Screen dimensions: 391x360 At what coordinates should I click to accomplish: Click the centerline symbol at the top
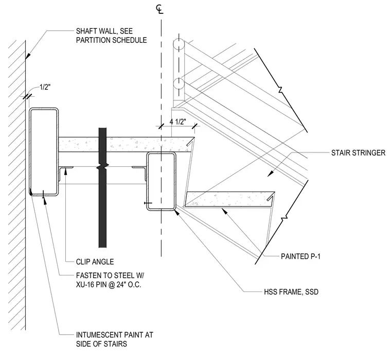(x=159, y=9)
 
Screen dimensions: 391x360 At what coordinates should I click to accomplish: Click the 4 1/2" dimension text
(x=178, y=122)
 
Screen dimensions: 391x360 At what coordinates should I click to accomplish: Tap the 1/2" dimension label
(x=45, y=88)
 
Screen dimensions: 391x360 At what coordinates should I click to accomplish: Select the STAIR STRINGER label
(x=358, y=153)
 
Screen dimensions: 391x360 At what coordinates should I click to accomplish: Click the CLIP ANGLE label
(x=95, y=262)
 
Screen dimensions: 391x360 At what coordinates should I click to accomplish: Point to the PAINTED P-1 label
(x=300, y=256)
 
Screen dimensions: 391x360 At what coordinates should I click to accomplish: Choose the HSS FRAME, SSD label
(x=291, y=292)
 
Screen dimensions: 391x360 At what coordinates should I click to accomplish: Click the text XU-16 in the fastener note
(x=84, y=285)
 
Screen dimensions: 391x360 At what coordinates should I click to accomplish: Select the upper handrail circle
(x=179, y=45)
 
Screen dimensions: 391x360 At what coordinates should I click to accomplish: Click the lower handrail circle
(x=179, y=83)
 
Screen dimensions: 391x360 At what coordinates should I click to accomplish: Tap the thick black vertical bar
(x=102, y=188)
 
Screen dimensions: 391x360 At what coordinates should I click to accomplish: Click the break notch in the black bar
(x=102, y=167)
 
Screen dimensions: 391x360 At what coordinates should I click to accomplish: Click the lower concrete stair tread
(x=229, y=199)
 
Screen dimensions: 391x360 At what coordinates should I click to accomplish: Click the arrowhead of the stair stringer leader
(x=270, y=174)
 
